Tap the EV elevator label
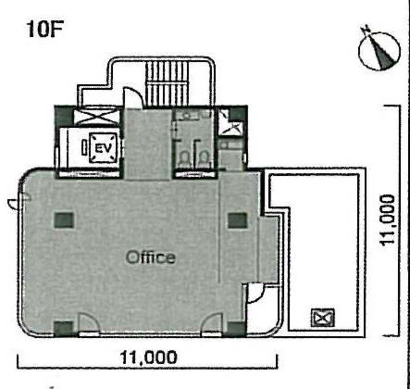[103, 148]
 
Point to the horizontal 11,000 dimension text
[148, 357]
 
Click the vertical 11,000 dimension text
[387, 220]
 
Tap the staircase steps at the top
[167, 83]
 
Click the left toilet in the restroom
[184, 158]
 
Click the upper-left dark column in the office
[64, 220]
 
